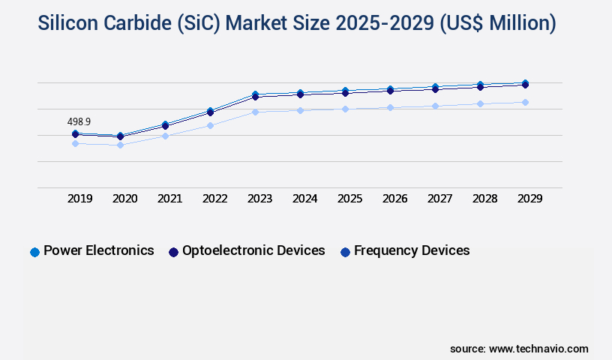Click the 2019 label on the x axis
pyautogui.click(x=80, y=199)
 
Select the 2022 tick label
pyautogui.click(x=215, y=199)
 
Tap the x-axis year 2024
pyautogui.click(x=305, y=199)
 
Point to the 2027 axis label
pyautogui.click(x=440, y=199)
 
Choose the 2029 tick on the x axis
pyautogui.click(x=530, y=199)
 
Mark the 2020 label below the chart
pyautogui.click(x=125, y=199)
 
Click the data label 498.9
pyautogui.click(x=79, y=121)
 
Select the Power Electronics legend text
pyautogui.click(x=99, y=250)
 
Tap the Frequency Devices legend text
pyautogui.click(x=412, y=250)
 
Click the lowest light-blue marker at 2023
pyautogui.click(x=255, y=112)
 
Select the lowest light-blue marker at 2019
pyautogui.click(x=75, y=143)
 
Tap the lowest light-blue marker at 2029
pyautogui.click(x=525, y=102)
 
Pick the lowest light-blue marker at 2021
pyautogui.click(x=165, y=136)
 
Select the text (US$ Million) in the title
pyautogui.click(x=496, y=24)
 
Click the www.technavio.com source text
pyautogui.click(x=538, y=349)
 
